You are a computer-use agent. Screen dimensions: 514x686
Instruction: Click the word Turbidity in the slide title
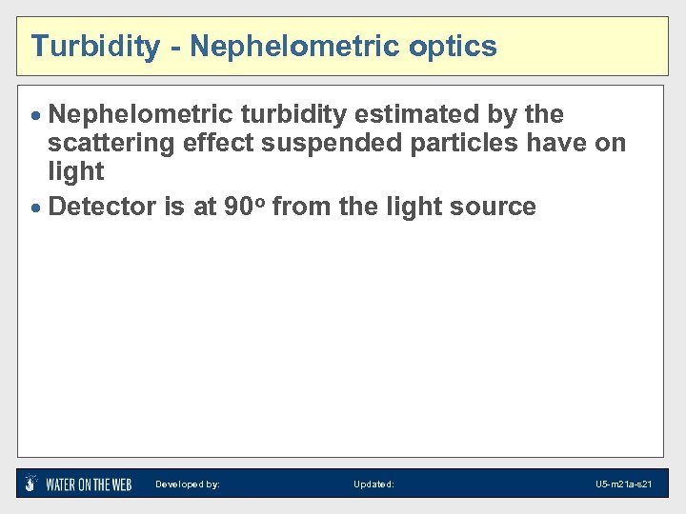coord(94,46)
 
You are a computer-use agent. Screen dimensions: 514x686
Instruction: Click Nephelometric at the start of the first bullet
coord(140,115)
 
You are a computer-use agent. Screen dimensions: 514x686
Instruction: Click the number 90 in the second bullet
coord(238,207)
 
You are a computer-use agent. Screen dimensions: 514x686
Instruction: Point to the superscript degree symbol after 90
coord(260,201)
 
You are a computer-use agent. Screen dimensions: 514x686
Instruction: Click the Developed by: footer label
coord(187,484)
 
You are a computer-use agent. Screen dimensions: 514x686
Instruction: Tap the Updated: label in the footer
coord(373,484)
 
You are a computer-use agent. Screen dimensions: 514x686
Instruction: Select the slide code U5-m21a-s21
coord(623,484)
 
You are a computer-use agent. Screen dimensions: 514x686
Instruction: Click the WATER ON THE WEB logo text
coord(89,484)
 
